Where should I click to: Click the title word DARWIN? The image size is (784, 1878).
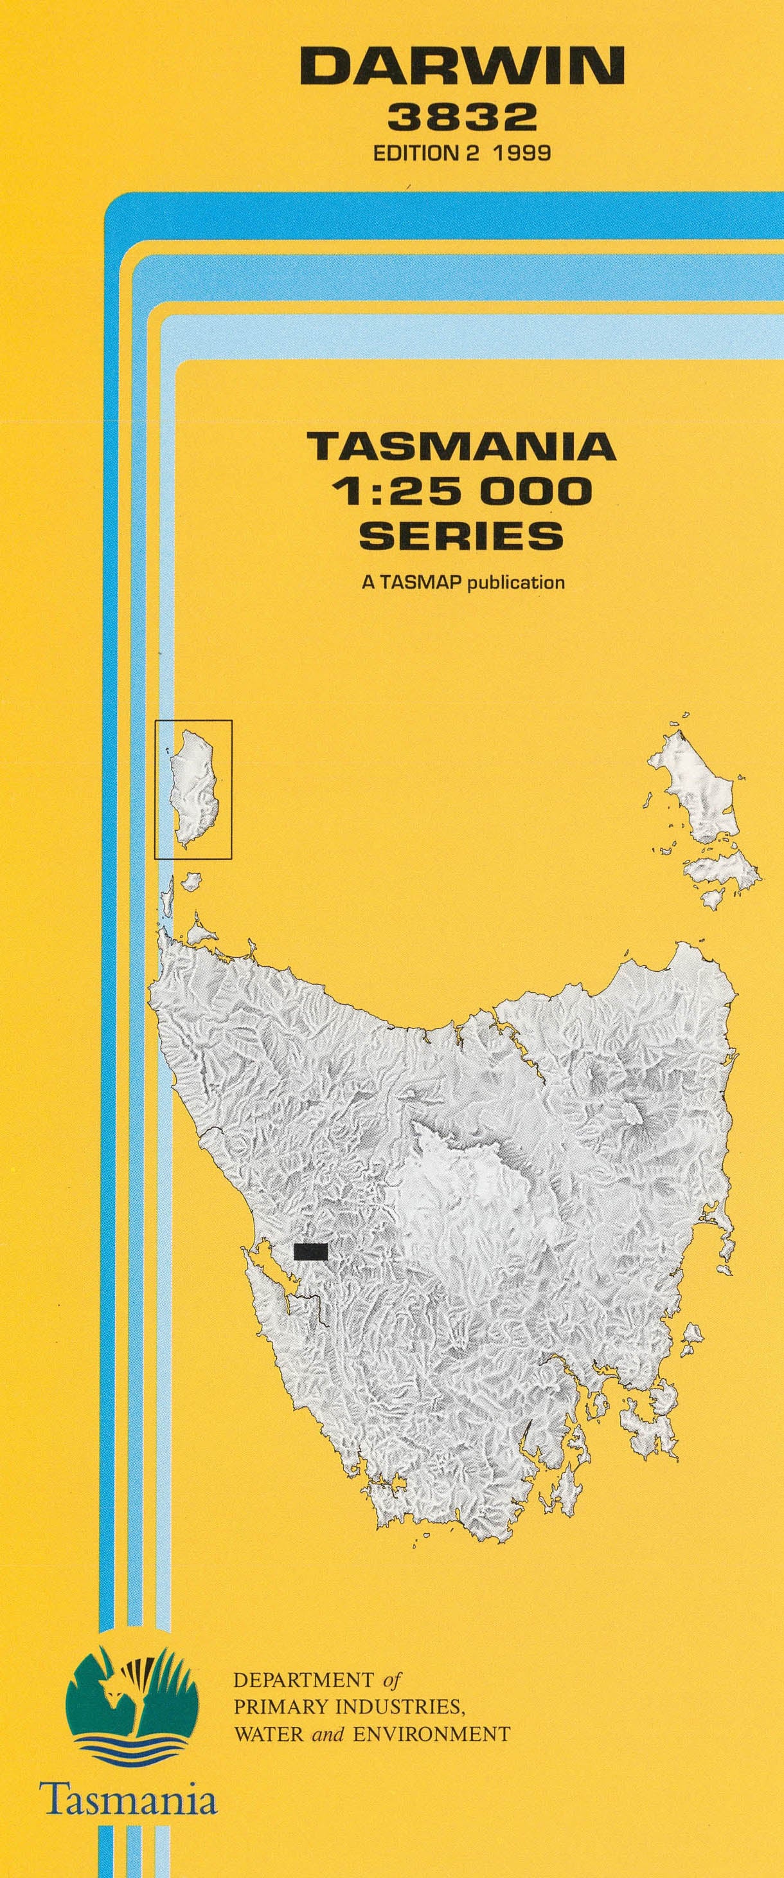coord(462,67)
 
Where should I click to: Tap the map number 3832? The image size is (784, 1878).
coord(463,116)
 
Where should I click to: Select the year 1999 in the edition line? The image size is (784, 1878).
coord(521,153)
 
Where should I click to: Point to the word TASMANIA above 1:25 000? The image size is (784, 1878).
coord(461,446)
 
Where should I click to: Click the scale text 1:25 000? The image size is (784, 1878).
coord(461,491)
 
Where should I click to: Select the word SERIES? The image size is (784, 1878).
coord(461,536)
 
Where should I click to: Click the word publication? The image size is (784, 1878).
coord(516,583)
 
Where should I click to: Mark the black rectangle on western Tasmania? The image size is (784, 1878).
coord(310,1252)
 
